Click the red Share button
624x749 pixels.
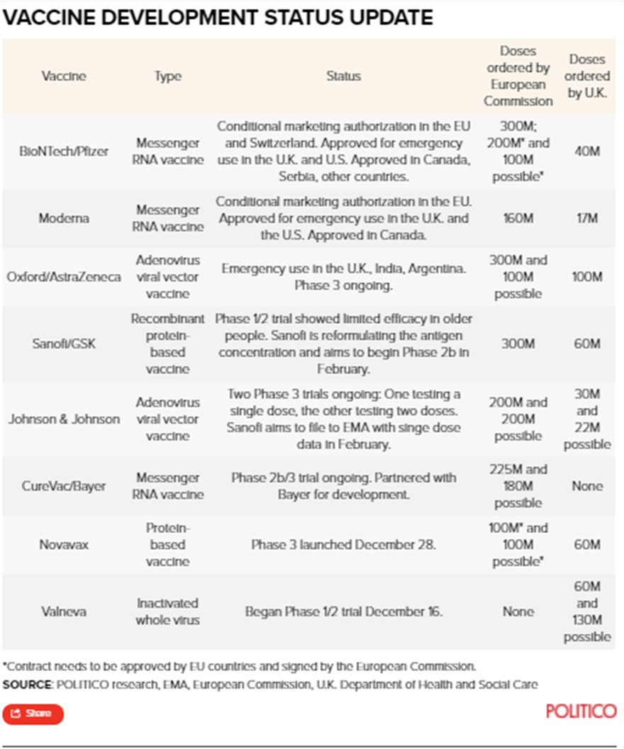pos(33,714)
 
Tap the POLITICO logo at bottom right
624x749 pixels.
pos(581,711)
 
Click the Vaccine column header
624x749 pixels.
pos(64,76)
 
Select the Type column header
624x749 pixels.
pos(168,76)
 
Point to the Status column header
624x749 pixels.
pos(343,76)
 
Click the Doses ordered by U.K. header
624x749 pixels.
pos(587,76)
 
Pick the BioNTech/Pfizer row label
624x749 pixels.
pos(65,151)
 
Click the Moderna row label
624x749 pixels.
pos(64,218)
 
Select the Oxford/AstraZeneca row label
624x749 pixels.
pos(64,276)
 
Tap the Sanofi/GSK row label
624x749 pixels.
pos(64,344)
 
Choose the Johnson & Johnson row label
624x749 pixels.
pos(64,419)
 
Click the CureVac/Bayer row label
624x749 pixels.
pos(64,486)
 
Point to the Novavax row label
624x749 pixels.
pos(64,545)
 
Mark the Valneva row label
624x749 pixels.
pos(64,612)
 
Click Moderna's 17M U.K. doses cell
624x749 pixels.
pos(587,218)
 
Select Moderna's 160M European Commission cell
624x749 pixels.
pos(518,218)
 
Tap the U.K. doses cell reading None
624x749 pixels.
pos(587,486)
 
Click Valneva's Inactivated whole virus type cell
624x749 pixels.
pos(168,612)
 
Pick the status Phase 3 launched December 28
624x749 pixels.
pos(343,545)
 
